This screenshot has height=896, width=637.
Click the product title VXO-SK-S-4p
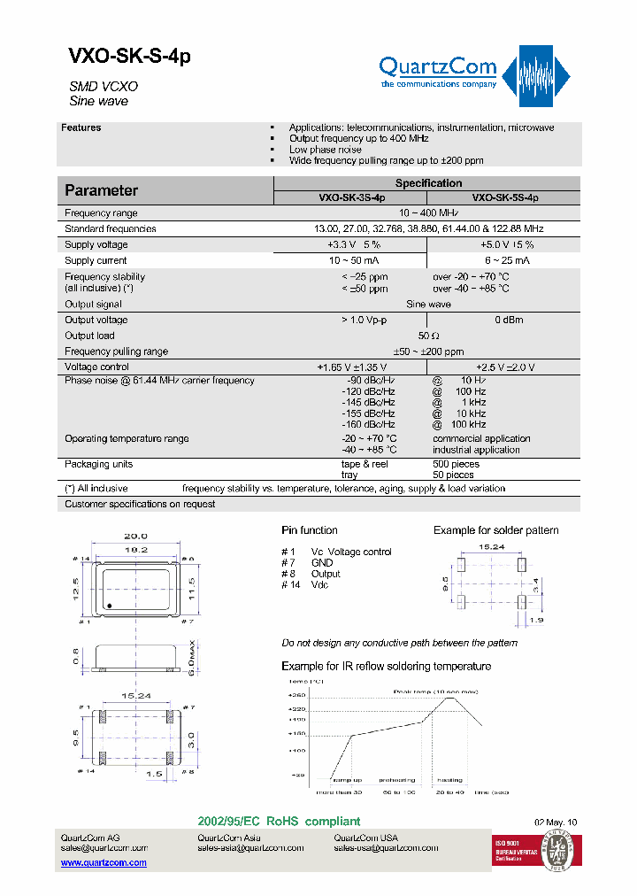(x=129, y=56)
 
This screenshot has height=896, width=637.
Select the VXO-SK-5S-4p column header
(x=504, y=198)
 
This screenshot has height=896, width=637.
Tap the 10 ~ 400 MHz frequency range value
(x=428, y=213)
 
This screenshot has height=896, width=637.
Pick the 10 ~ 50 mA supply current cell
(x=351, y=261)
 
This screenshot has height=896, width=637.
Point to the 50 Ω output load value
(x=428, y=336)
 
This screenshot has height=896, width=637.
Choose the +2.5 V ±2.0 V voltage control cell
(x=505, y=367)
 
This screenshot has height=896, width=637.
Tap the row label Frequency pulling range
(x=116, y=351)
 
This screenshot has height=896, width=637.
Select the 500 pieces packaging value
(x=456, y=464)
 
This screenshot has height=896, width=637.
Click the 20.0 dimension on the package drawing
(x=135, y=537)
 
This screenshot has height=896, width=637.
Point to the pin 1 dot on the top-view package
(x=109, y=606)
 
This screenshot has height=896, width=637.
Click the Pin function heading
(x=310, y=530)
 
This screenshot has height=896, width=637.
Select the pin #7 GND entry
(x=309, y=563)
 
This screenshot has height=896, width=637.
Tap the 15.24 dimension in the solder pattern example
(x=491, y=547)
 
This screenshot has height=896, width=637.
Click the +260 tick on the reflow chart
(x=295, y=697)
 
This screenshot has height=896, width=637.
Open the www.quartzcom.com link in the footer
(x=104, y=862)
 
